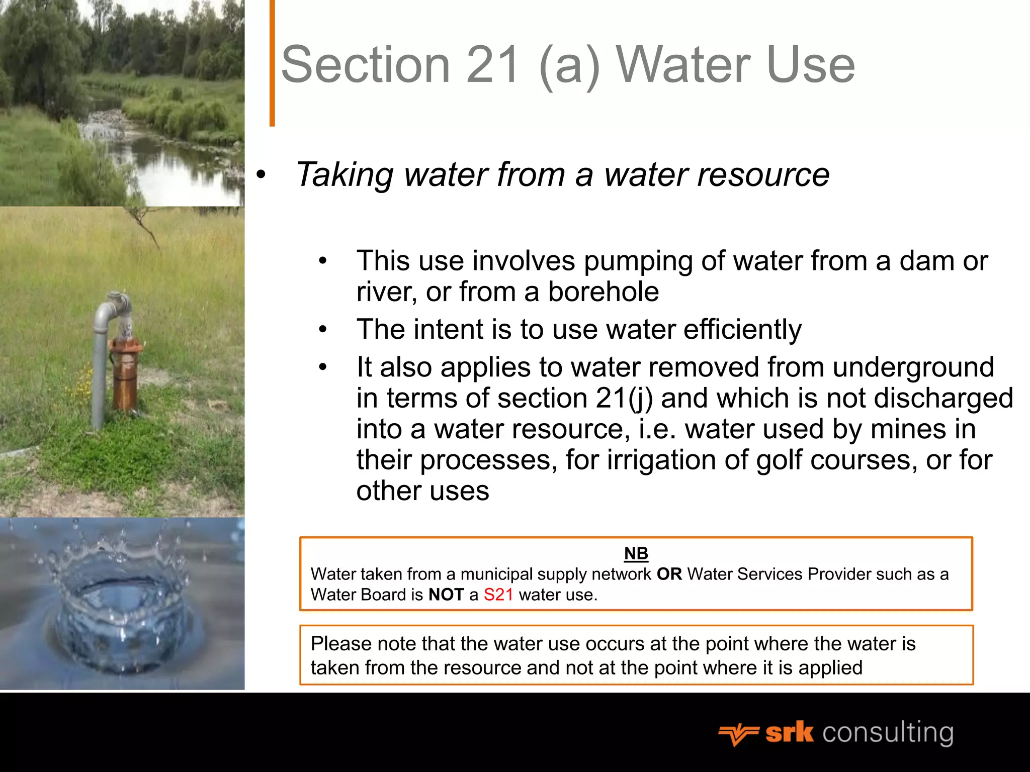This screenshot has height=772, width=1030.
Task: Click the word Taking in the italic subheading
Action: click(x=344, y=174)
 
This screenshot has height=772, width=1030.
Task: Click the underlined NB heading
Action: click(x=636, y=553)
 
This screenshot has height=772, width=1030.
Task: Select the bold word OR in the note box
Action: click(x=669, y=574)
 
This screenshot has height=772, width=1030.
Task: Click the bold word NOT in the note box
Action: click(x=446, y=595)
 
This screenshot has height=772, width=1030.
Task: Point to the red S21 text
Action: click(x=498, y=595)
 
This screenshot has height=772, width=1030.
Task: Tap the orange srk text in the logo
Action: click(x=789, y=732)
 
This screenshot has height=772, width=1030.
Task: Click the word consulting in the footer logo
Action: click(x=888, y=732)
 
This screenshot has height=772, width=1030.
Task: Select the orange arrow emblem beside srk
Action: click(x=738, y=734)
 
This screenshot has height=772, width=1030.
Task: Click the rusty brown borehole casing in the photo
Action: click(x=125, y=374)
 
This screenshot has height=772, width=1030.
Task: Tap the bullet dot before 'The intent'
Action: click(x=322, y=330)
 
